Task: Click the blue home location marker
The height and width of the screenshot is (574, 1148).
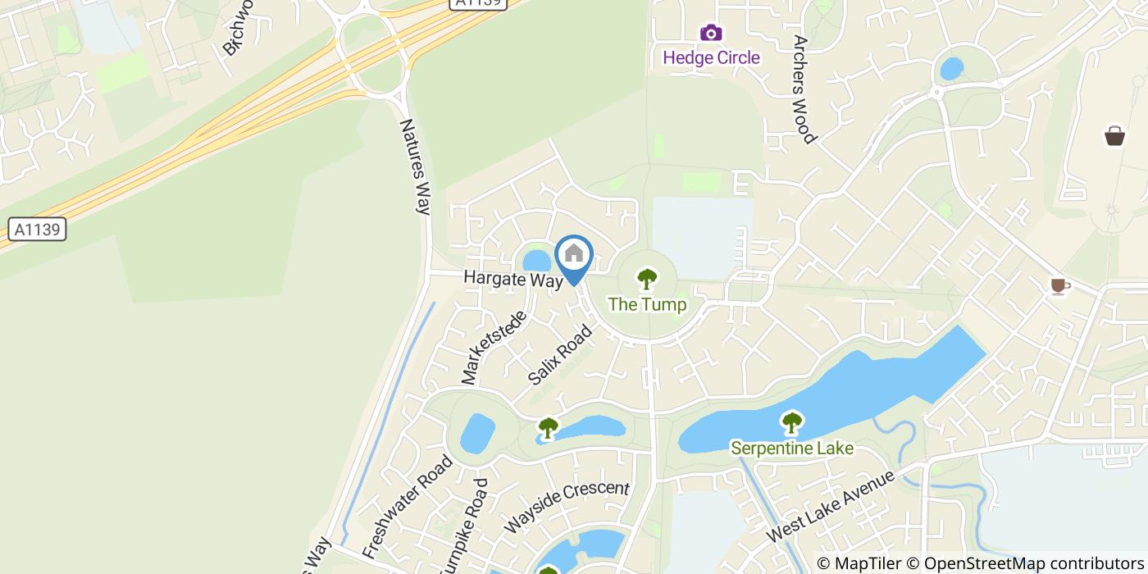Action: (574, 256)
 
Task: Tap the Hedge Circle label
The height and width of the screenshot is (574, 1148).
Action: (711, 57)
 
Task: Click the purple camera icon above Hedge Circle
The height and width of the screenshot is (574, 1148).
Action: (711, 33)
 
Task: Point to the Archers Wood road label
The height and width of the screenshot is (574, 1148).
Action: (804, 89)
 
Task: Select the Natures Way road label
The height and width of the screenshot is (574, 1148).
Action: (416, 166)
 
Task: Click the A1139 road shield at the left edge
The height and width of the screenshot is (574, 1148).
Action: (38, 230)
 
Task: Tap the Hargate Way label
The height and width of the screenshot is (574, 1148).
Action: (513, 279)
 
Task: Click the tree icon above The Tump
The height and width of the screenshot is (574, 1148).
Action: (647, 279)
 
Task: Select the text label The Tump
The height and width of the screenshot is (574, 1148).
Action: (647, 304)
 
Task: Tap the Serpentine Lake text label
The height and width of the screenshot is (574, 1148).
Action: (792, 448)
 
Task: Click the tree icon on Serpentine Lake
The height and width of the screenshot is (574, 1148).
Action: (791, 423)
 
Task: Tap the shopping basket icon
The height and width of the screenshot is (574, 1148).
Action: (1114, 135)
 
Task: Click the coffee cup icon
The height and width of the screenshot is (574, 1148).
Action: (1059, 285)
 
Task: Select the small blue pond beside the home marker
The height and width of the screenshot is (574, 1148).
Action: (537, 261)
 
